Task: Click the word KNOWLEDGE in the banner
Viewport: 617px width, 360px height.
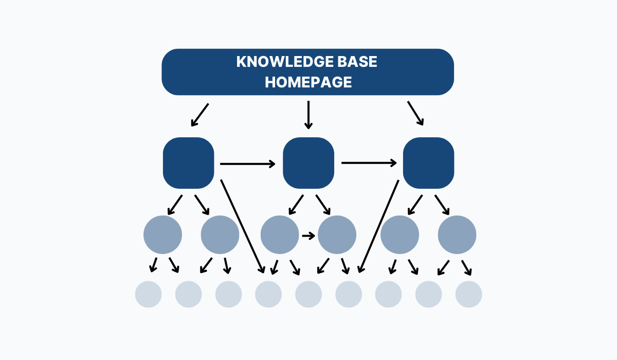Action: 278,62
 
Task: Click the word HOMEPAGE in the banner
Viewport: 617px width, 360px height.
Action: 308,82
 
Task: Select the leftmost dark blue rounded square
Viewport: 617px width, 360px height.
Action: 188,163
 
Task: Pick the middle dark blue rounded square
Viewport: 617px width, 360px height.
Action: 308,163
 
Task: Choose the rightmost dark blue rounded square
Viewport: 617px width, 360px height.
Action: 428,163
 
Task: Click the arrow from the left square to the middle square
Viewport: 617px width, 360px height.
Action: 248,164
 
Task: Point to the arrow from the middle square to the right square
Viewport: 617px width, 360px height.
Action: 369,163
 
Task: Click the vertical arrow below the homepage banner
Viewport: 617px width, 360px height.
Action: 308,115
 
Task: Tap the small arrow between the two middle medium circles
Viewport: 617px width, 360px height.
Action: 308,236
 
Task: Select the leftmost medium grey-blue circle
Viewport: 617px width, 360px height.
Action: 162,235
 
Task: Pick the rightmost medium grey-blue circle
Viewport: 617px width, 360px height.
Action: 457,235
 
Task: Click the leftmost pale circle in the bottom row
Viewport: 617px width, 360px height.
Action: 148,295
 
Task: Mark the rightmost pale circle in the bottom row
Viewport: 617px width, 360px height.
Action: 468,295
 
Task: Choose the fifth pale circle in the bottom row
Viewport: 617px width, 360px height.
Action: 308,295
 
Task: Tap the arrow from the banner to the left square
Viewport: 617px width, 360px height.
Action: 199,115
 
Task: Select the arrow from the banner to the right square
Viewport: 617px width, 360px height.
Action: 415,114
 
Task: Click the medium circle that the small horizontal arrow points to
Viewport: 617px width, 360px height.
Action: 337,235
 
